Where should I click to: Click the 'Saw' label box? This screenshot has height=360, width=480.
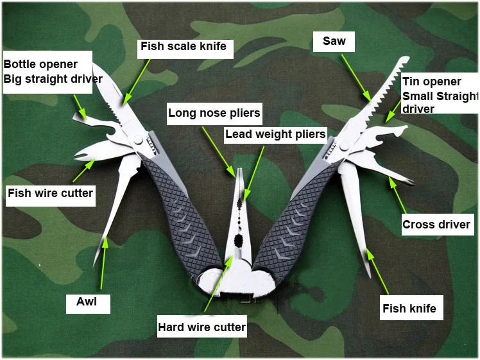point(334,41)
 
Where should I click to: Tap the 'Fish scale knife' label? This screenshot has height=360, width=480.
point(185,49)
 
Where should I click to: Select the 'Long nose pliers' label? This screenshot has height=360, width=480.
point(214,114)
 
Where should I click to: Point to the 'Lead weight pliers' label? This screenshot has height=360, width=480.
point(275,134)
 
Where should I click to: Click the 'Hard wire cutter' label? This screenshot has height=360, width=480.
point(201,327)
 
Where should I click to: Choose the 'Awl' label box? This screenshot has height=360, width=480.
point(88,304)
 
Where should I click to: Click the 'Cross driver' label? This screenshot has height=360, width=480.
point(438,225)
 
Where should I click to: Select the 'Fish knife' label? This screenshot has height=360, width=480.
point(411,307)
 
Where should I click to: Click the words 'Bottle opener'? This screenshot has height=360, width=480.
point(40,64)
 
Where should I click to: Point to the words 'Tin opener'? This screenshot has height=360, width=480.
point(432,81)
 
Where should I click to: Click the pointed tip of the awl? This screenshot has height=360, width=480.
point(94,266)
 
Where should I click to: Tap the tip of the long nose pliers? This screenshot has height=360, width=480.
point(240,169)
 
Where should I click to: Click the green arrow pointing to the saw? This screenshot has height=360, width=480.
point(356,78)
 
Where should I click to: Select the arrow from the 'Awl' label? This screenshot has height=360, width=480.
point(103,263)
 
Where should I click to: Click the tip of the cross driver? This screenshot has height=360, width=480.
point(411,182)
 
